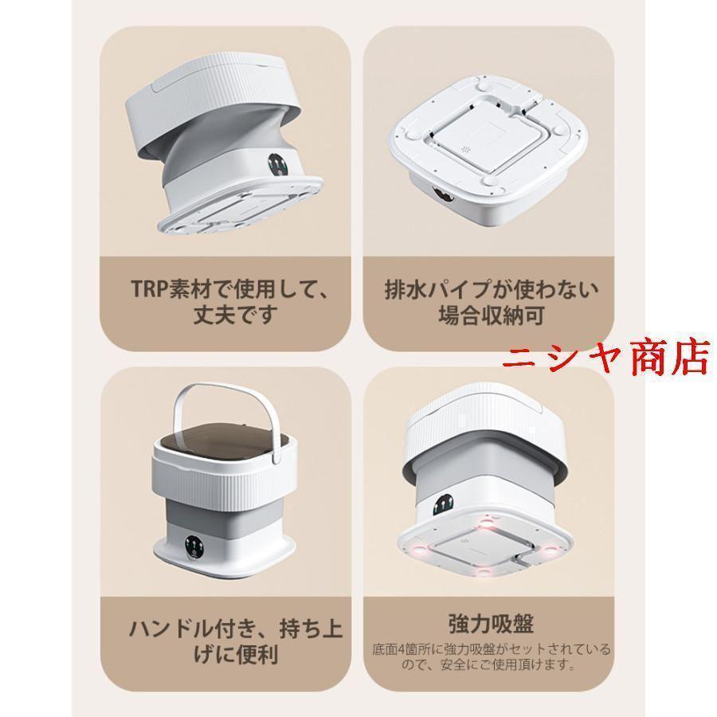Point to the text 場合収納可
(x=491, y=315)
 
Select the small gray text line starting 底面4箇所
(x=491, y=649)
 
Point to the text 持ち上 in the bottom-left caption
(x=311, y=629)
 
